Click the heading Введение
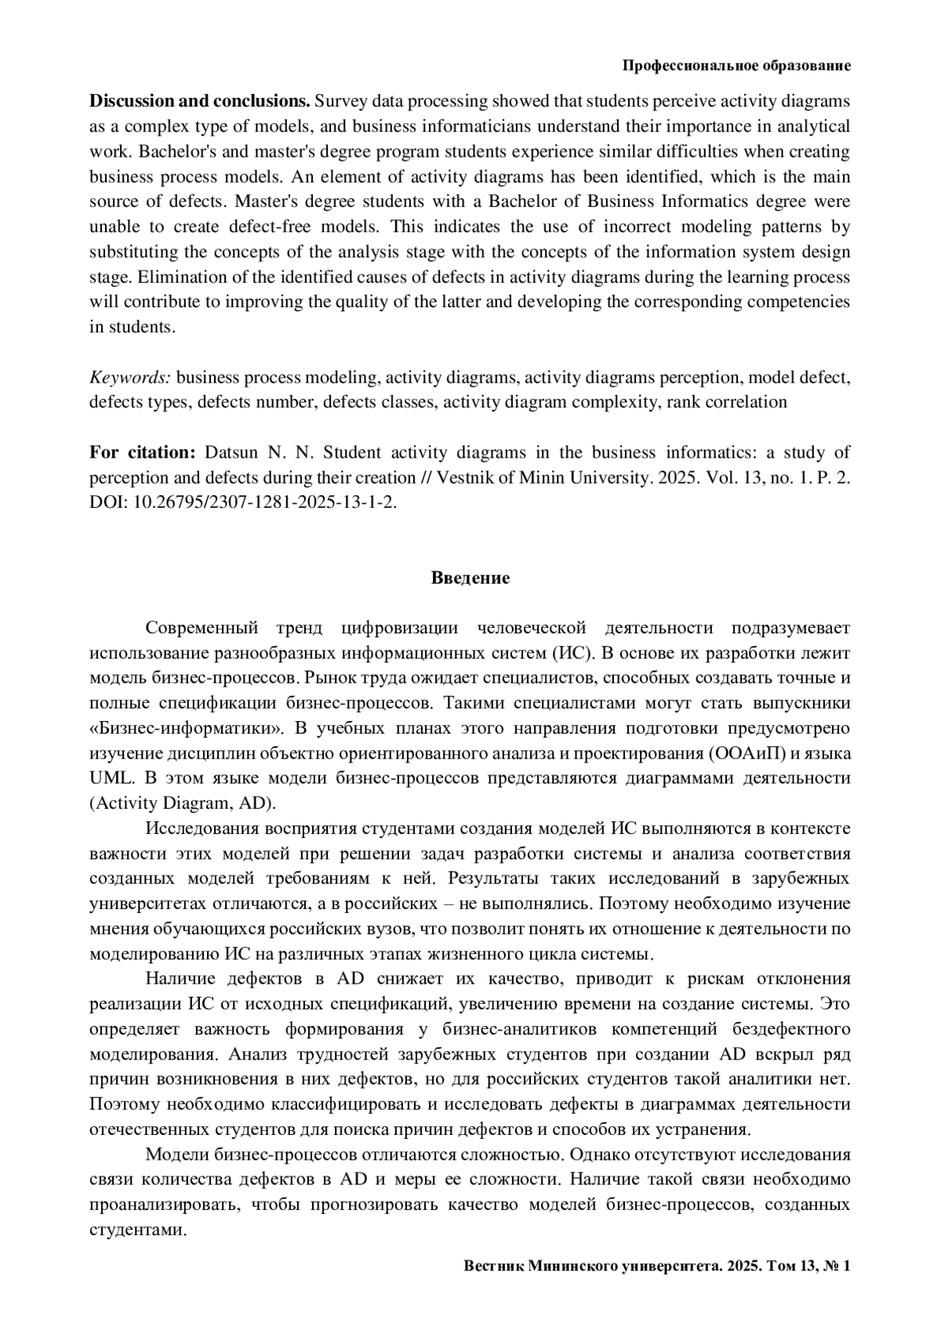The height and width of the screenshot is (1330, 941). pos(470,578)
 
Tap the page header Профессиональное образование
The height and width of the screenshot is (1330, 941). pos(736,66)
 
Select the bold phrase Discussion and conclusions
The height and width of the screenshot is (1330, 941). pos(200,101)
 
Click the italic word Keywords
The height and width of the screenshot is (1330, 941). pos(129,378)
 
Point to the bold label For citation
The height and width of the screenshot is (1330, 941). pos(142,453)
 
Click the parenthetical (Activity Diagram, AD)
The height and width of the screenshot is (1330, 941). pos(183,804)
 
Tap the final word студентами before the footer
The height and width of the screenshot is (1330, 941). pos(137,1230)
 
